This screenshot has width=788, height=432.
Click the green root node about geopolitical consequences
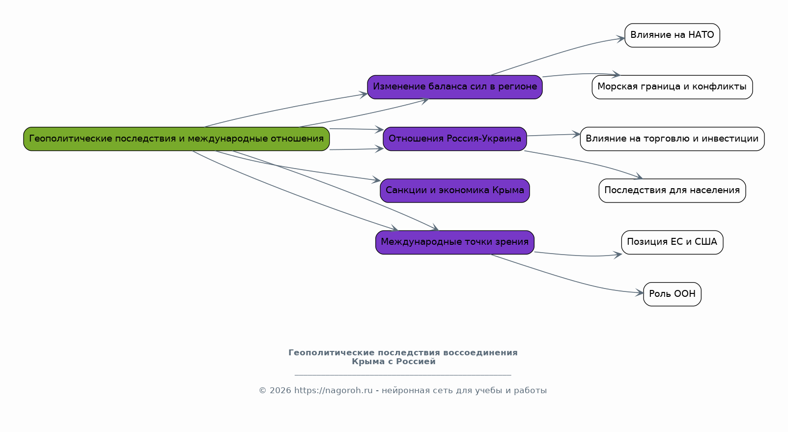click(x=176, y=139)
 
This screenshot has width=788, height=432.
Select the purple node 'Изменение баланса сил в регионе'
click(x=454, y=87)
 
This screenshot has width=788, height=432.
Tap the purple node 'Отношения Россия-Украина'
click(x=454, y=139)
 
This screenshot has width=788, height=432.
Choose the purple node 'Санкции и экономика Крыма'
click(x=454, y=190)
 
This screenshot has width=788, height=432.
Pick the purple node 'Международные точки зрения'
click(x=454, y=242)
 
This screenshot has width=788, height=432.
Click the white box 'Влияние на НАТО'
click(x=672, y=35)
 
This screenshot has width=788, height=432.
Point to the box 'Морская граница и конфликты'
click(x=672, y=87)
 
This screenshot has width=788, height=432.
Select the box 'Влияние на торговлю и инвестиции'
click(x=672, y=139)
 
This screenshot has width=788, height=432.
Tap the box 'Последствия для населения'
click(x=672, y=190)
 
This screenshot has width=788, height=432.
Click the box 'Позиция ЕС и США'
click(x=672, y=242)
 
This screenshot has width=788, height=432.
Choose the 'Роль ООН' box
click(x=672, y=294)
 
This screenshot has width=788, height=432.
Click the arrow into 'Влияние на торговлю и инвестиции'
click(x=555, y=135)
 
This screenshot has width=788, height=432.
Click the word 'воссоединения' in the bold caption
click(x=480, y=353)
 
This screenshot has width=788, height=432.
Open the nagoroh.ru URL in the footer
click(x=333, y=391)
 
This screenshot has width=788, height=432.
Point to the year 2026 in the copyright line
click(x=280, y=391)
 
